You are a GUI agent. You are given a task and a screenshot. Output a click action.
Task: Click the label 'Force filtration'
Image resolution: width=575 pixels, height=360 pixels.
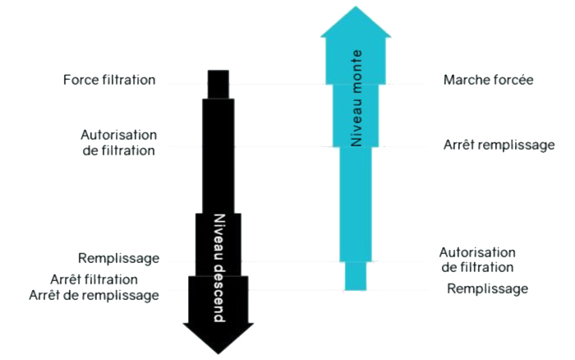[x=109, y=80]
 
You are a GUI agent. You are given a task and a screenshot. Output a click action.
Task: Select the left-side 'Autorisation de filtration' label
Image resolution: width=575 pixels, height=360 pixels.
[x=119, y=143]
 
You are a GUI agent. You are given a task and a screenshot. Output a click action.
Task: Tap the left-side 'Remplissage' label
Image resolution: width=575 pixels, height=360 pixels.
[x=119, y=258]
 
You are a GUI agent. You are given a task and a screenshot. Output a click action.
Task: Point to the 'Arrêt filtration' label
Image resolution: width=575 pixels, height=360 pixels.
[x=94, y=279]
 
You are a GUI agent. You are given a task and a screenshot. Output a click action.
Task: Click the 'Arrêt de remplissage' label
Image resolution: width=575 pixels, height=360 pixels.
[x=94, y=295]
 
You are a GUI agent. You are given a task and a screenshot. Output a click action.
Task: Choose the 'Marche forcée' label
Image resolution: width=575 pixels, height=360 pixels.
[x=489, y=80]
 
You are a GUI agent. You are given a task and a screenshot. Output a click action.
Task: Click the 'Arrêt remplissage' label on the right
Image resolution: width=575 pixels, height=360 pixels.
[x=499, y=145]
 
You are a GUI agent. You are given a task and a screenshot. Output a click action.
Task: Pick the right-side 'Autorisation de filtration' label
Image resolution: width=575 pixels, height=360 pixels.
[x=477, y=260]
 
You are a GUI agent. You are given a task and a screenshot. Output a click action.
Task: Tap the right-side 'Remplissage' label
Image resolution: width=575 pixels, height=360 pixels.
[x=488, y=288]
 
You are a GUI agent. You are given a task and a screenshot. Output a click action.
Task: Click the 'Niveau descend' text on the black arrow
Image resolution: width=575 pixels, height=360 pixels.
[x=219, y=268]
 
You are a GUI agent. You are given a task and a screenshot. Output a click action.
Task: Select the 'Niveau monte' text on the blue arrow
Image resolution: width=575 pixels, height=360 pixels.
[x=356, y=99]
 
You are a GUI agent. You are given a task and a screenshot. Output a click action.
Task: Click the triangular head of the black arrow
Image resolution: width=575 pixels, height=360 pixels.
[x=218, y=339]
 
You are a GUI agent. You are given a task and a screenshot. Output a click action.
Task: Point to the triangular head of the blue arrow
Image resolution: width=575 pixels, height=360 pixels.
[x=356, y=21]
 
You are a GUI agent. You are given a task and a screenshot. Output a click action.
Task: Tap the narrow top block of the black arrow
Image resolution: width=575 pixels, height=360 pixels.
[x=218, y=84]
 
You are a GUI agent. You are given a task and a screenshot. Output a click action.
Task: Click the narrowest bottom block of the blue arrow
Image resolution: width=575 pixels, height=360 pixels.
[x=356, y=276]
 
